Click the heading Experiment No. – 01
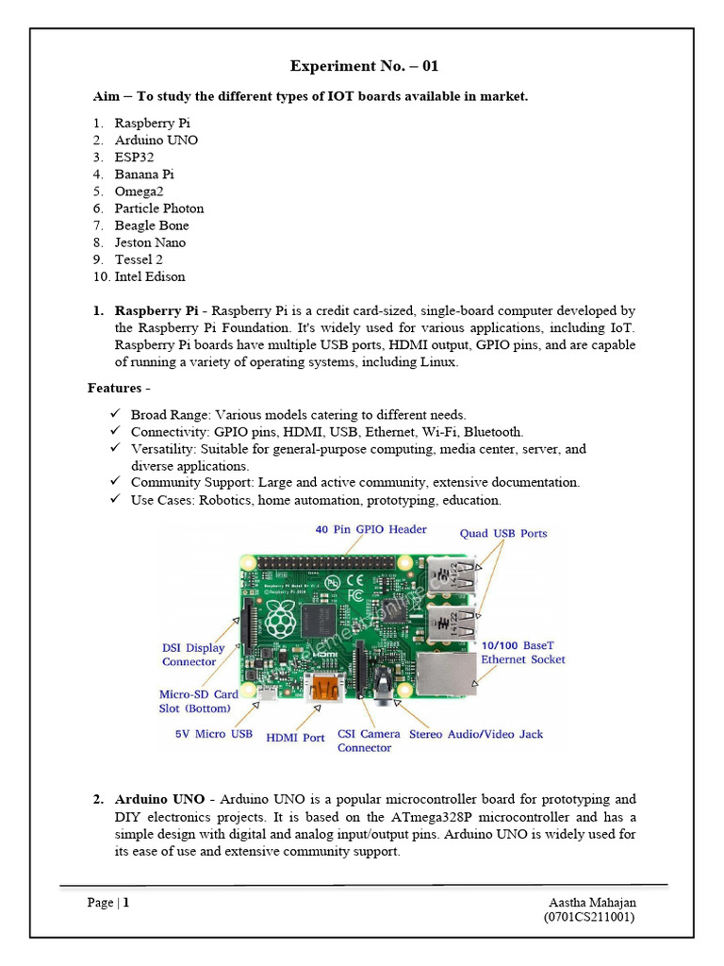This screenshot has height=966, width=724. [x=363, y=66]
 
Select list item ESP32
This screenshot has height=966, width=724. [x=134, y=158]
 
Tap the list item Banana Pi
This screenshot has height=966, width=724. [x=144, y=175]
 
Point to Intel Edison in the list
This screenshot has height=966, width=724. [x=150, y=276]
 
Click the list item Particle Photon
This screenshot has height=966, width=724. [x=159, y=208]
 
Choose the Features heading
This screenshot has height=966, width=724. [x=119, y=388]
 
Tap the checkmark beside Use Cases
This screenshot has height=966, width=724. [x=114, y=500]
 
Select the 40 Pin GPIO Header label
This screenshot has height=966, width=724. [x=370, y=530]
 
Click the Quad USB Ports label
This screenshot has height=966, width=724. [x=502, y=533]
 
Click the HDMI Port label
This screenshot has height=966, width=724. [x=295, y=738]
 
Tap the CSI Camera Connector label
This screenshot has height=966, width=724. [x=364, y=741]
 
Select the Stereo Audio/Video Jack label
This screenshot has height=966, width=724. [x=476, y=734]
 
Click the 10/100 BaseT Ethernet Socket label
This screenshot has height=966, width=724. [x=523, y=652]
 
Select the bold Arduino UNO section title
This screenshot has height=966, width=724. [x=159, y=799]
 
